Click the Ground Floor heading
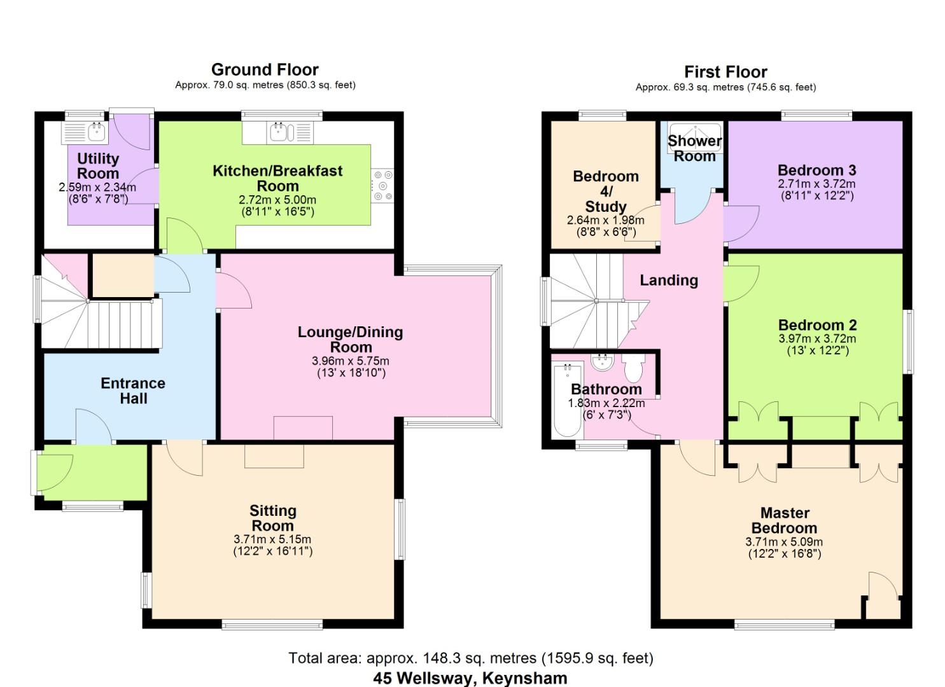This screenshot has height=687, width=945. click(x=265, y=69)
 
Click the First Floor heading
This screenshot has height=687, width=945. click(x=725, y=72)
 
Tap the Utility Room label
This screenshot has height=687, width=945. click(x=98, y=166)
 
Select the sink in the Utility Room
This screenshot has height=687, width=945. click(x=96, y=132)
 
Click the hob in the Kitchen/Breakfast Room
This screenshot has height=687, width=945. click(x=383, y=186)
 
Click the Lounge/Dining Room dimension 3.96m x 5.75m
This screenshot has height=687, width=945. click(x=351, y=361)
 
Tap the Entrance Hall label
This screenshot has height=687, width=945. click(x=133, y=391)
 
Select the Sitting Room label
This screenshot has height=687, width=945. click(x=272, y=518)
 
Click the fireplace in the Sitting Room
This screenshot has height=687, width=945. click(x=274, y=456)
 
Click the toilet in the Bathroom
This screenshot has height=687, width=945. click(x=633, y=367)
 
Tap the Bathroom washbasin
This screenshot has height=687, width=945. click(x=601, y=363)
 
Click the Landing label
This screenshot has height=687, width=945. click(x=669, y=280)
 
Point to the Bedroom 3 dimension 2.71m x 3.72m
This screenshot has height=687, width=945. click(x=816, y=184)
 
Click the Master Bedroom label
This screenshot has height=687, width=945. click(x=784, y=520)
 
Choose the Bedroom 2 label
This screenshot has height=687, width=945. click(x=817, y=325)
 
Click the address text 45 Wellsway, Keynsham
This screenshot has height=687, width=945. click(x=470, y=677)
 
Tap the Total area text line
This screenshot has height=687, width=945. click(x=471, y=658)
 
